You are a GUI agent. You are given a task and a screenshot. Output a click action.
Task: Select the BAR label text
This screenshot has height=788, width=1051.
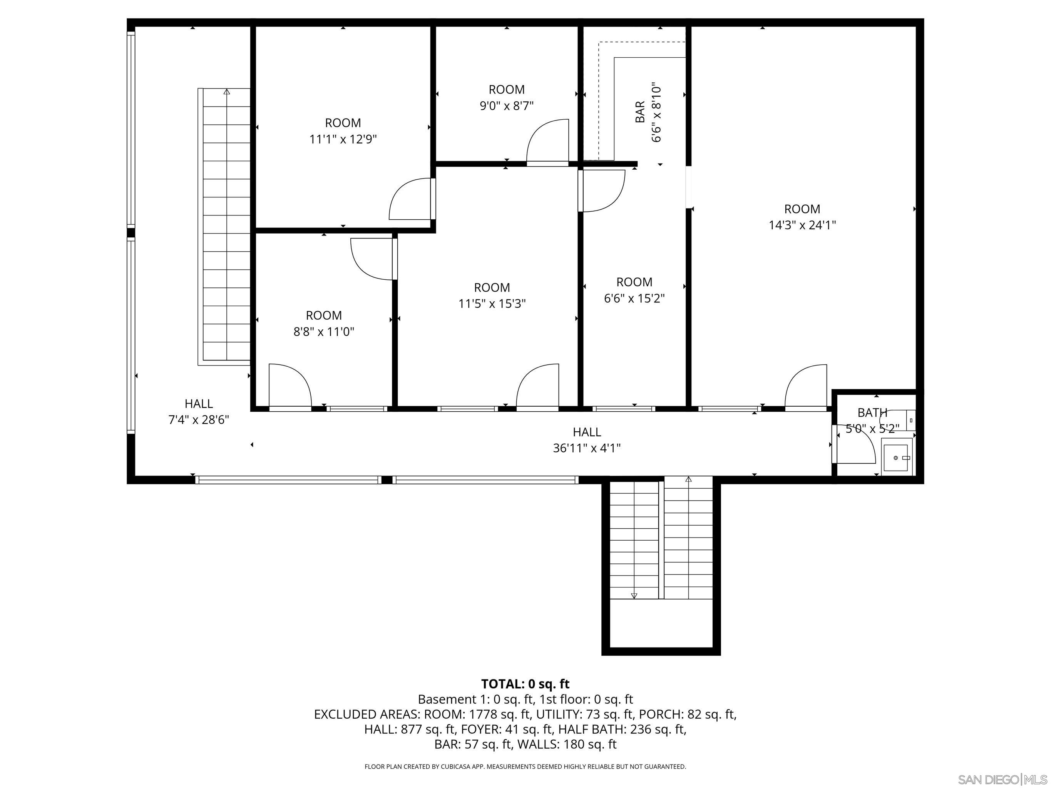(640, 112)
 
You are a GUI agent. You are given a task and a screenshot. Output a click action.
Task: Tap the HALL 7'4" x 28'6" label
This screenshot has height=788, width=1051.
(199, 411)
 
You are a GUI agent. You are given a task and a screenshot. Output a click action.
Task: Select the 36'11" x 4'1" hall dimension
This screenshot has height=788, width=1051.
(587, 448)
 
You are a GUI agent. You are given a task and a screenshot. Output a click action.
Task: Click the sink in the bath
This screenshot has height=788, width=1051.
(897, 457)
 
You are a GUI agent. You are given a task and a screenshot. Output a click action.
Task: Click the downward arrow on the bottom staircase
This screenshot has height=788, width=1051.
(634, 595)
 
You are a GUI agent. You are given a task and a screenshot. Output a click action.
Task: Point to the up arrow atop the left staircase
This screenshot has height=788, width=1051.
(227, 92)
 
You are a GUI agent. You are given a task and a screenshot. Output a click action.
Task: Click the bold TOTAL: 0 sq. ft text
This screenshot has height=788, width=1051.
(525, 684)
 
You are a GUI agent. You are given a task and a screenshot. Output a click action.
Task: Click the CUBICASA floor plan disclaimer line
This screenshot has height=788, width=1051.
(525, 766)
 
